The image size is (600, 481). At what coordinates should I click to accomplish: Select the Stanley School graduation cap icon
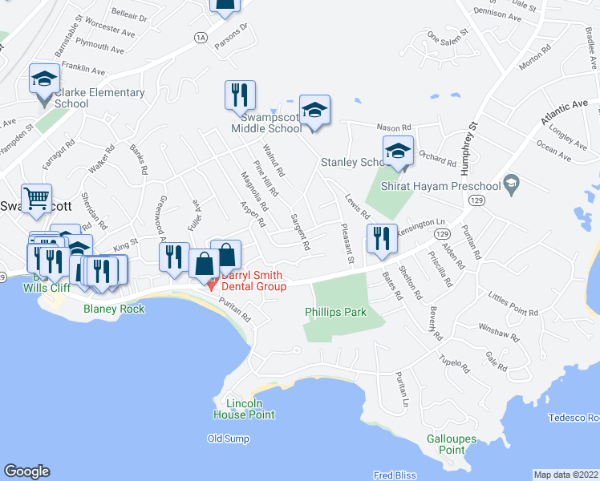pyautogui.click(x=398, y=150)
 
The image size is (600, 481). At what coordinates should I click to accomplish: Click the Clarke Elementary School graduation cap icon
pyautogui.click(x=45, y=79)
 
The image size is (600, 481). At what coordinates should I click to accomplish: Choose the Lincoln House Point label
pyautogui.click(x=244, y=409)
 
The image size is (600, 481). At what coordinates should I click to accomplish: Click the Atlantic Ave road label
pyautogui.click(x=564, y=111)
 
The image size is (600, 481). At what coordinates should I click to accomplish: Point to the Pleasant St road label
pyautogui.click(x=350, y=243)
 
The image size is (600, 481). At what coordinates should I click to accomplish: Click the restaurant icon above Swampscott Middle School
pyautogui.click(x=239, y=95)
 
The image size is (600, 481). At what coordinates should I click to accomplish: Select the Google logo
pyautogui.click(x=26, y=471)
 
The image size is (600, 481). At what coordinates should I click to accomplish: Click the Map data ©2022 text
pyautogui.click(x=566, y=475)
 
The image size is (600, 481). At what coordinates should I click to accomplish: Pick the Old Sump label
pyautogui.click(x=228, y=439)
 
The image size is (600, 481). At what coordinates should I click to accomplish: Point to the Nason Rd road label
pyautogui.click(x=394, y=127)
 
